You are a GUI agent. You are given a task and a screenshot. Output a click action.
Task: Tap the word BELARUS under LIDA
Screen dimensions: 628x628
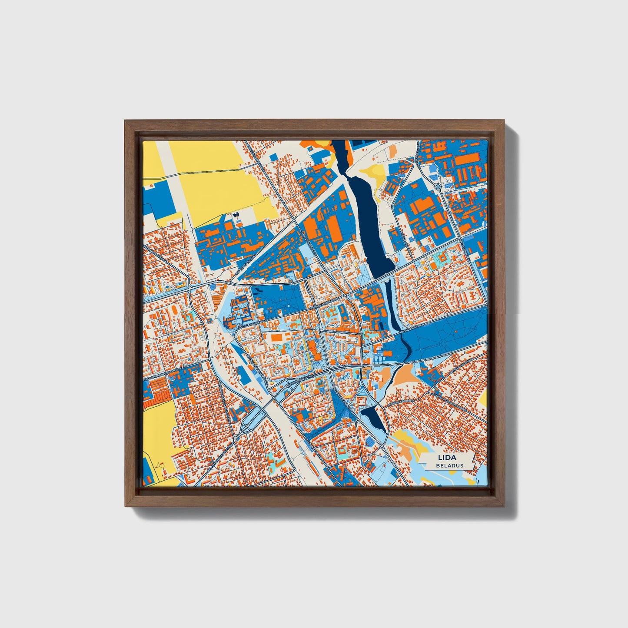[450, 465]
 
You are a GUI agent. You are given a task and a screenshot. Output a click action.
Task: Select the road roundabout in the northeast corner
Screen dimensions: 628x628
[438, 187]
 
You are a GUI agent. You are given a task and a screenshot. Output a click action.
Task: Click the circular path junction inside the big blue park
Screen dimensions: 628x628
[443, 343]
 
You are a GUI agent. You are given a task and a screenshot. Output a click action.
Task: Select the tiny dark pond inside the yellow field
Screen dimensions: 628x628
[236, 215]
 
